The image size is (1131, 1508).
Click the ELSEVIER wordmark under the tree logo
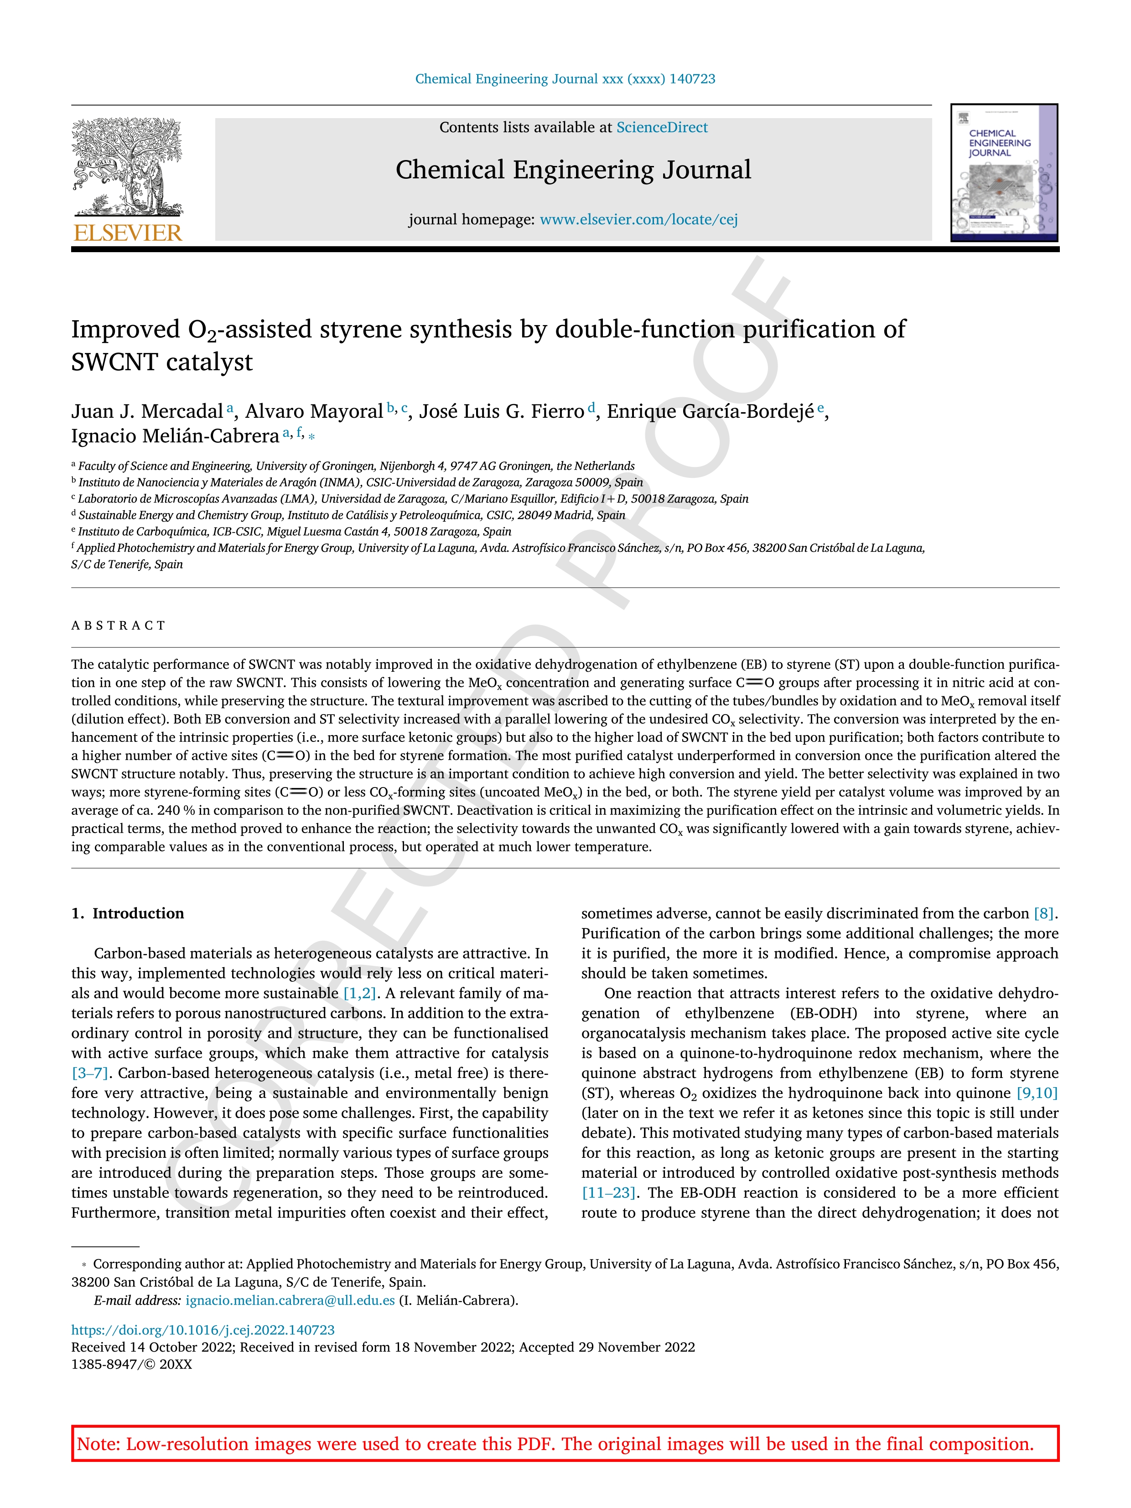[128, 233]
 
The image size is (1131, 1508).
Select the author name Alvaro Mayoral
[314, 412]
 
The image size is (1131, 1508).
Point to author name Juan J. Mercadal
[147, 412]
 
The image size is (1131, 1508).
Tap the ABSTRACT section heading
[119, 626]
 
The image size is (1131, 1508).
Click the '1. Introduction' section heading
[128, 913]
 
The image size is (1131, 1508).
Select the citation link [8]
[1044, 913]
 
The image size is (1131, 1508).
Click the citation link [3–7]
[90, 1073]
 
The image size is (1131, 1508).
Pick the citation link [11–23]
[608, 1193]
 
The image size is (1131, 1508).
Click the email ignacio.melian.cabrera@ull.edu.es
[290, 1300]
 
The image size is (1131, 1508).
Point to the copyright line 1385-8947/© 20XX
[132, 1364]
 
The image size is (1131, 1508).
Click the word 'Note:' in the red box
[96, 1444]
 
